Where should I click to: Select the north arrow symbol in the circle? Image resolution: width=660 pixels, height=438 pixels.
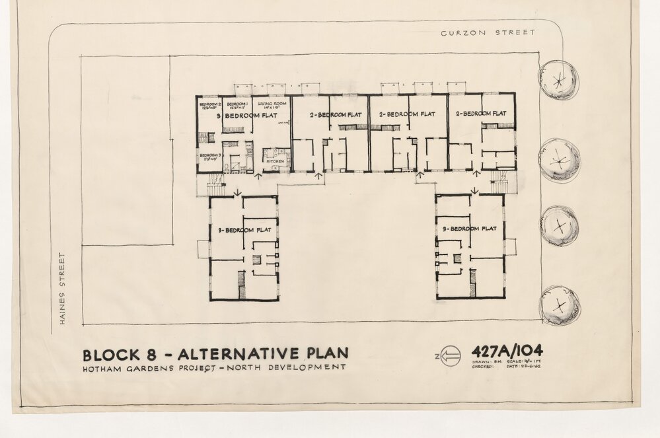click(x=449, y=357)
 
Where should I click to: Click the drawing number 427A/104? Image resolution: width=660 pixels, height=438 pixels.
click(x=507, y=351)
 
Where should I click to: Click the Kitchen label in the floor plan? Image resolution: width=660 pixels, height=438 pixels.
click(x=274, y=161)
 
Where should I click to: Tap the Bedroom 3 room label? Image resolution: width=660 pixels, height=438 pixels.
click(x=209, y=156)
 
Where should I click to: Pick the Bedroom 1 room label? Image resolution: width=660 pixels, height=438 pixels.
click(x=236, y=105)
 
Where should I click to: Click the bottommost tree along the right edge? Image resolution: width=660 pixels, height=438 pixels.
click(x=560, y=305)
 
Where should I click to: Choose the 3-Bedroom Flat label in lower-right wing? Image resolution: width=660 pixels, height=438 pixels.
click(x=470, y=229)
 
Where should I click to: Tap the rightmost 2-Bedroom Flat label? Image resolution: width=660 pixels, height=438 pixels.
click(x=481, y=114)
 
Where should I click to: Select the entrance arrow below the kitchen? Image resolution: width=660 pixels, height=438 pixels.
click(x=258, y=176)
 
